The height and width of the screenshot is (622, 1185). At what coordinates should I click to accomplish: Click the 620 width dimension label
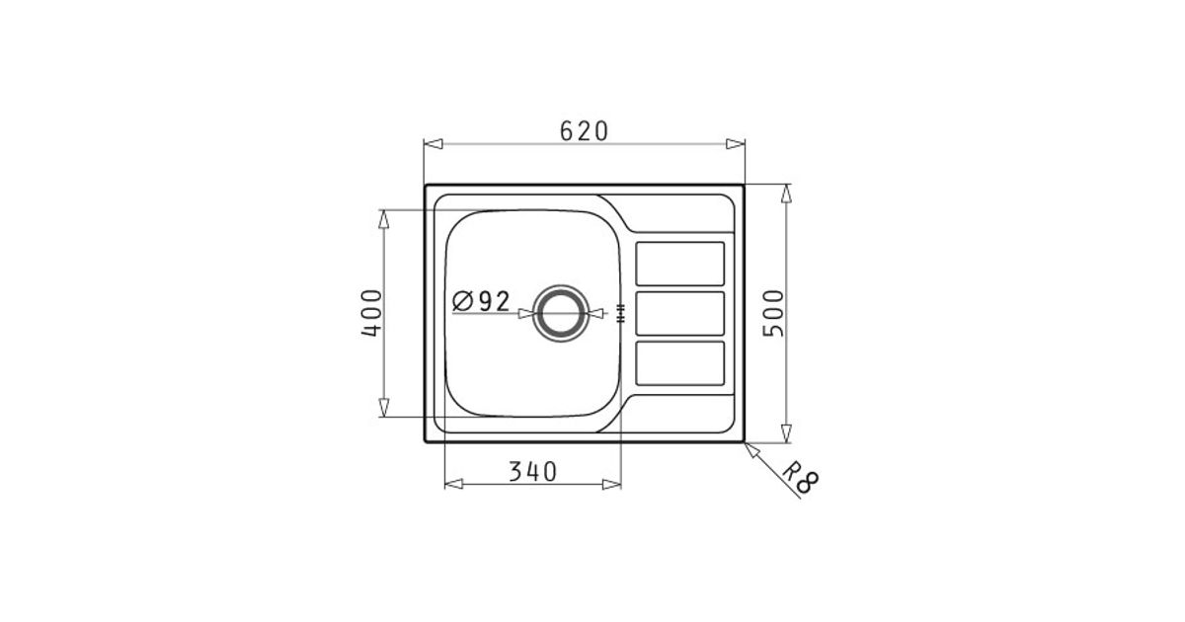click(584, 131)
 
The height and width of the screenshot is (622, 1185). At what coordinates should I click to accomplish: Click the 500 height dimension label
click(773, 313)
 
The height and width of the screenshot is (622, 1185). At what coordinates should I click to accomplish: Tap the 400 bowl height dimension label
click(371, 313)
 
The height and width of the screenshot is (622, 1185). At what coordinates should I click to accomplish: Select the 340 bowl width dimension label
click(532, 472)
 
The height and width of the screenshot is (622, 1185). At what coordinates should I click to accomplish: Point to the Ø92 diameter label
click(481, 301)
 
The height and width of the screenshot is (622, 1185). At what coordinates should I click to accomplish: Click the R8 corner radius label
click(801, 477)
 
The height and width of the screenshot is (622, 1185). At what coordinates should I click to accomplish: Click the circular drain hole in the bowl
click(561, 314)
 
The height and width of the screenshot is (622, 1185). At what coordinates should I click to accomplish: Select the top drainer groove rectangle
click(679, 264)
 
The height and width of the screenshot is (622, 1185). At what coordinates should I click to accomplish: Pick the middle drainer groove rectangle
click(679, 314)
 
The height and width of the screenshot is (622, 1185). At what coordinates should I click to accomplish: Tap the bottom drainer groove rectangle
click(679, 363)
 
